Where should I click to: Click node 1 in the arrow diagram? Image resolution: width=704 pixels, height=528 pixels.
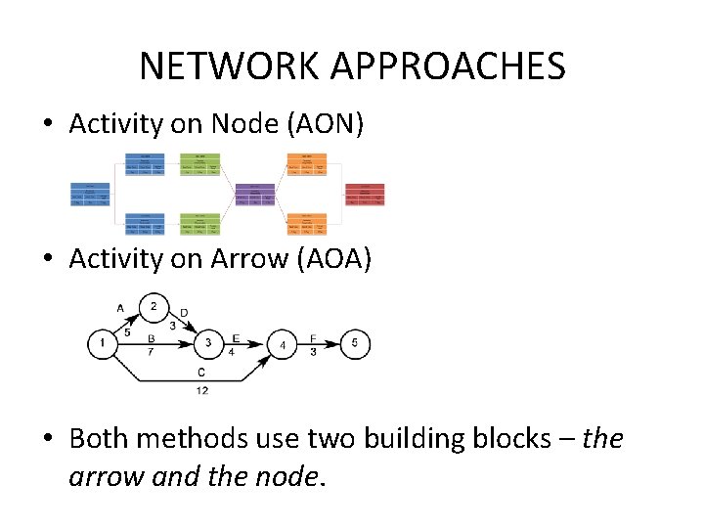coord(102,343)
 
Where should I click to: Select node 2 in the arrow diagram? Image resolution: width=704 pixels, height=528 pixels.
coord(154,307)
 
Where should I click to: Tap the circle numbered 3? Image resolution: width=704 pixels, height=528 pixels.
coord(207,343)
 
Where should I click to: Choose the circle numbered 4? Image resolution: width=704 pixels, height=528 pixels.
coord(282,344)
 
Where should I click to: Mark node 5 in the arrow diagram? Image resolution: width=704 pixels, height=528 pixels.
coord(356,343)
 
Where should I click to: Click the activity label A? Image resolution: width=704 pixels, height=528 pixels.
coord(120,308)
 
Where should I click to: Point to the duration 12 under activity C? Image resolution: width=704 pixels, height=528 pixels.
coord(201,390)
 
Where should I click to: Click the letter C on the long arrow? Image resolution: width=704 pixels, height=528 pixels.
coord(200,372)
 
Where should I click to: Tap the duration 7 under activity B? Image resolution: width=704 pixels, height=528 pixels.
coord(152,352)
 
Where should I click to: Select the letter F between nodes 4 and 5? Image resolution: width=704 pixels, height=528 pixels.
coord(313,337)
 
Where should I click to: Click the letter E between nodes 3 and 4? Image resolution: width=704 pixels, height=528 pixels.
coord(236,337)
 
